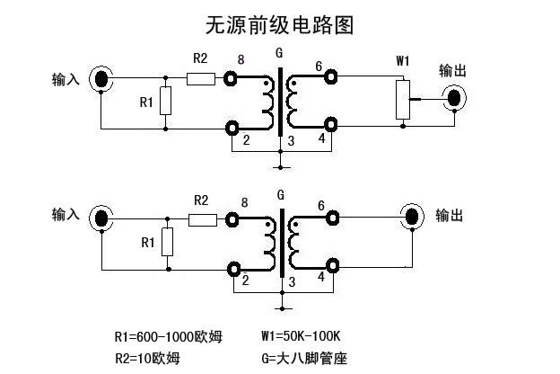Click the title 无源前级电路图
tap(279, 25)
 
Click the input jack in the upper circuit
tap(103, 79)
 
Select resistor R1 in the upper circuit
tap(166, 102)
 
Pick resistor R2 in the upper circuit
tap(201, 78)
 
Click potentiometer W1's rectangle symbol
tap(403, 98)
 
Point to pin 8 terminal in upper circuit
tap(232, 78)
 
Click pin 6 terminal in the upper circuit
tap(332, 77)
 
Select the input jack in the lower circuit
tap(103, 218)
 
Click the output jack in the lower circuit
tap(413, 217)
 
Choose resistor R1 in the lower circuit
tap(167, 242)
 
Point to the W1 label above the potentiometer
tap(403, 61)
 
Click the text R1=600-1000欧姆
tap(168, 338)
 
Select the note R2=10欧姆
tap(148, 358)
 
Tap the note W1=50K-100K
tap(301, 338)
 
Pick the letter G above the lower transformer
tap(281, 194)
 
